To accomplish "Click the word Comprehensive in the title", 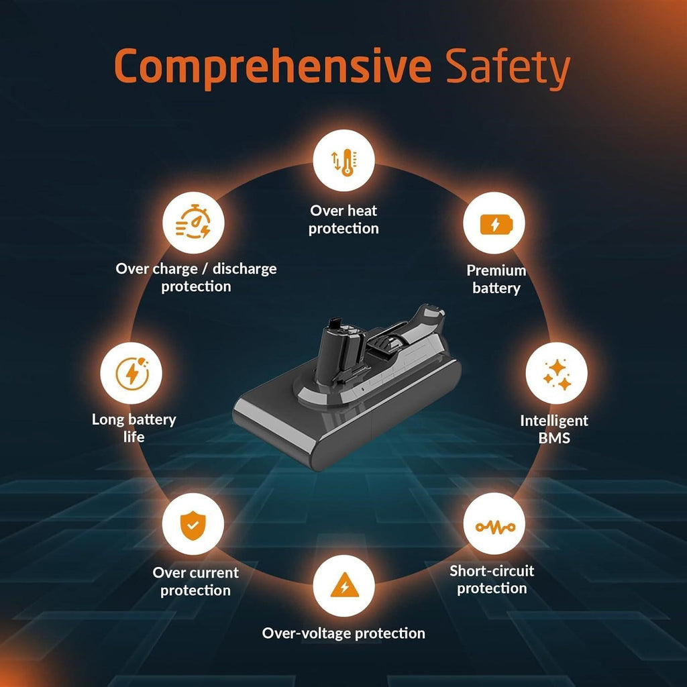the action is [x=272, y=67].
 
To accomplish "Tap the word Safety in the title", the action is [x=509, y=68].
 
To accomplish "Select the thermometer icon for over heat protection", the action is [x=344, y=162].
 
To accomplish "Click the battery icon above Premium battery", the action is [x=496, y=224].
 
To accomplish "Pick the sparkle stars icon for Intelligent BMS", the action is [x=557, y=374].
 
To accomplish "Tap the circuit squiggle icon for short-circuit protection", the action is [x=495, y=527].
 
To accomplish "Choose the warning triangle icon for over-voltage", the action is [x=344, y=585].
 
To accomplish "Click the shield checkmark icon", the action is [x=193, y=525].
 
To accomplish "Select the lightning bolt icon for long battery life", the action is [x=132, y=373].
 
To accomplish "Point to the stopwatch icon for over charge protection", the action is [x=193, y=222].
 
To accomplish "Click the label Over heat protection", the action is [x=343, y=219].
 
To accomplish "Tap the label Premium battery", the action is [x=496, y=279].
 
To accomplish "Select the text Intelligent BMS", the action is [x=554, y=429].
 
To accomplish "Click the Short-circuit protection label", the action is [x=492, y=579].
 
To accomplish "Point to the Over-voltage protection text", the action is [x=343, y=633].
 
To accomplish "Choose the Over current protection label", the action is [x=195, y=582].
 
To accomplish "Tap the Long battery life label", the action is [x=134, y=428].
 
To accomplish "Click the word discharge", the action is [x=244, y=268].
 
